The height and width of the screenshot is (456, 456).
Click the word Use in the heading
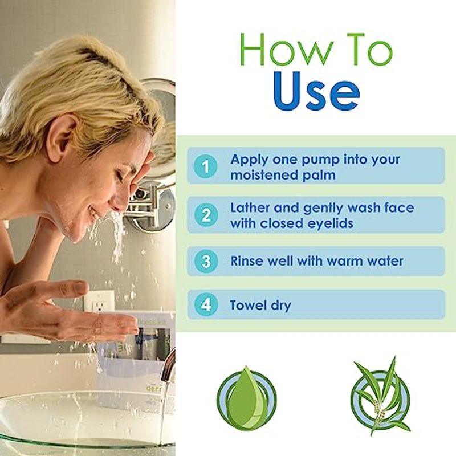click(x=316, y=91)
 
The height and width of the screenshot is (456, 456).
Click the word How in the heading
click(x=287, y=50)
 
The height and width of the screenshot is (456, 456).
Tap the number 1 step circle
click(x=206, y=166)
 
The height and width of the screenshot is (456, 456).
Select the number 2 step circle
click(x=206, y=215)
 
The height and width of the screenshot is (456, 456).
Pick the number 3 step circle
click(x=206, y=261)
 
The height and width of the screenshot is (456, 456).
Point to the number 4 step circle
click(x=206, y=304)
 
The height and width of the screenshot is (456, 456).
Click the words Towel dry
click(x=260, y=306)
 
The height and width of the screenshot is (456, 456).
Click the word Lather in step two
click(x=250, y=208)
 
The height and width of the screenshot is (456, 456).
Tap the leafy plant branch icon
click(x=380, y=396)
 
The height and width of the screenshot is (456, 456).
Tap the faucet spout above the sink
click(x=169, y=364)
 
